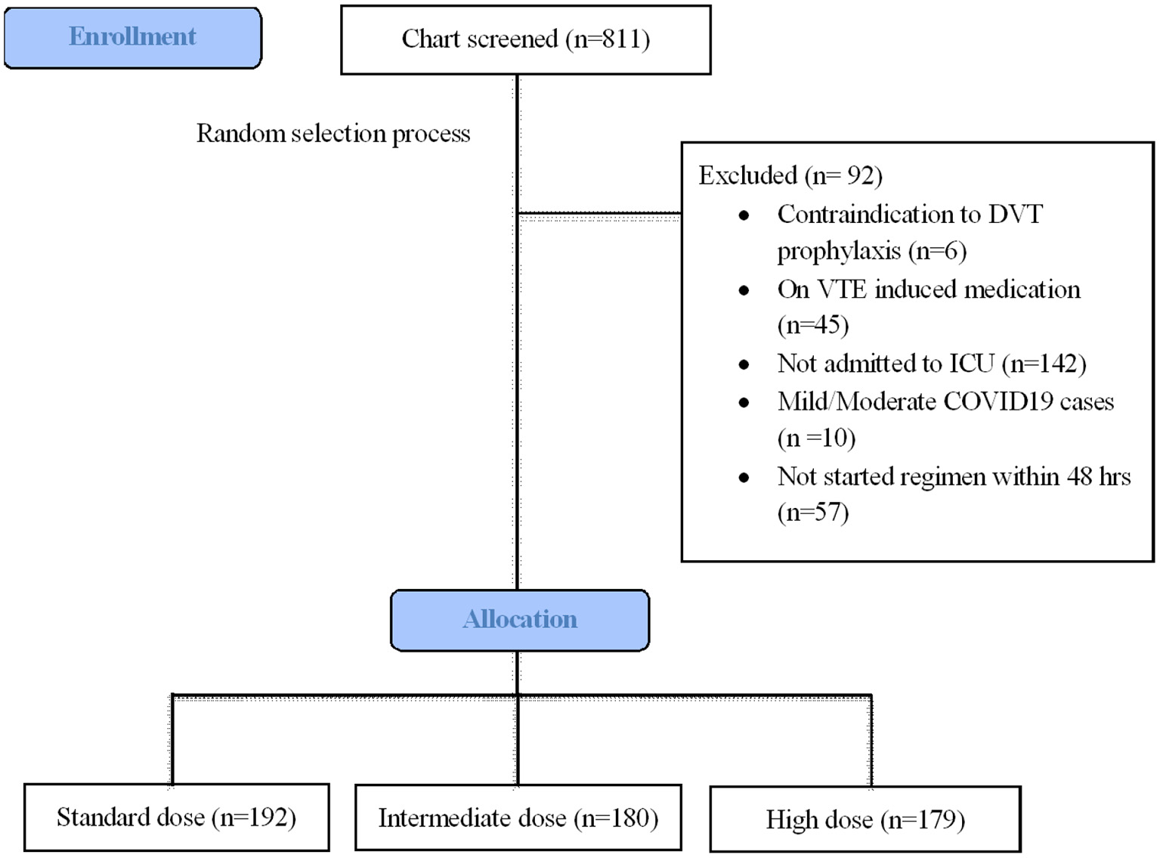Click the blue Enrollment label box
click(133, 38)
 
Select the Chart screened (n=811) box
click(525, 40)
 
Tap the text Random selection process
click(333, 134)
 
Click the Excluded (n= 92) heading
click(790, 175)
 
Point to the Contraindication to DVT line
click(909, 215)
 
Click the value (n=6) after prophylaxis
click(938, 251)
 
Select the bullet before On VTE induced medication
click(744, 290)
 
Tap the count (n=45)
click(813, 325)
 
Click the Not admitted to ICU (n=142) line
click(931, 364)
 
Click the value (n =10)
click(816, 438)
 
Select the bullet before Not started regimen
click(744, 478)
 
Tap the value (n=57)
click(813, 513)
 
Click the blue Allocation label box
click(520, 620)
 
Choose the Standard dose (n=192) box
click(176, 817)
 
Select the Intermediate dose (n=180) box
click(518, 818)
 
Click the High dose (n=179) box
click(865, 819)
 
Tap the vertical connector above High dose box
click(871, 741)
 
